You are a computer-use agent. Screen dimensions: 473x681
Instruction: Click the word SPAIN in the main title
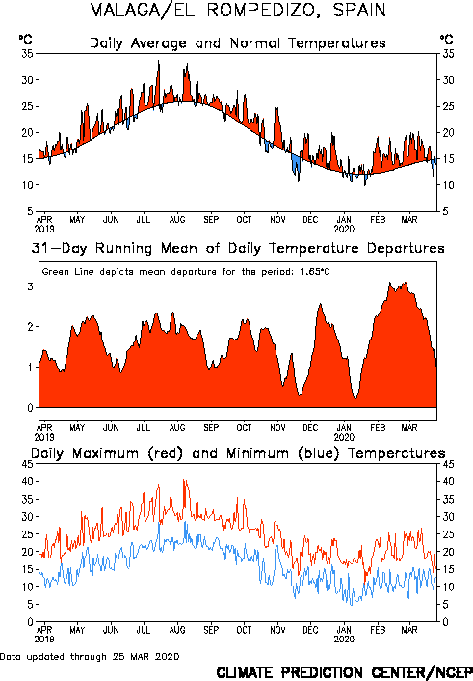point(359,10)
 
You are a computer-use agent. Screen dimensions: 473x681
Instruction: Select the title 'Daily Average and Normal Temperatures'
point(238,43)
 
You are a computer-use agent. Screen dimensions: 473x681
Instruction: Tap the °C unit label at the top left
point(26,40)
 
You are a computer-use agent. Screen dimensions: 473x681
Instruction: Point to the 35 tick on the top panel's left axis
point(27,54)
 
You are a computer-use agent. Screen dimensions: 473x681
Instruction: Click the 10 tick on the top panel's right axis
point(448,185)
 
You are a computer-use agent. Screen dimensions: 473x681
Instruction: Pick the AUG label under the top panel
point(177,220)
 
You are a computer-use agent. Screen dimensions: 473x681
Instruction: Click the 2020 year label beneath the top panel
point(344,229)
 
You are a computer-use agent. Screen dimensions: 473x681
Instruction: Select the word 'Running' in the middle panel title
point(123,248)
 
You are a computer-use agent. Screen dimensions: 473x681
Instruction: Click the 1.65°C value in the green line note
point(315,272)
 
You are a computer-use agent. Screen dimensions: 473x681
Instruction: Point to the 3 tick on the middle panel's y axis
point(31,286)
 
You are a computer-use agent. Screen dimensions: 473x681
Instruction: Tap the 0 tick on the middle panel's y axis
point(31,408)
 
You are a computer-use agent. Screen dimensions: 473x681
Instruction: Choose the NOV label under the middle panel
point(277,428)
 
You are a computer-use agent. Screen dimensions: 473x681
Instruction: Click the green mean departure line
point(238,340)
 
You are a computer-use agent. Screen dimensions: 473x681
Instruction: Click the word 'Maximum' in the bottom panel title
point(105,453)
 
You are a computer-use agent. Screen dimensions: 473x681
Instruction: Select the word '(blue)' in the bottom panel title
point(318,453)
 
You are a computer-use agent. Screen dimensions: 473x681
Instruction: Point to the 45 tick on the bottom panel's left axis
point(27,464)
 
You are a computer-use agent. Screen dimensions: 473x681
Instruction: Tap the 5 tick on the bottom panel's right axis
point(446,605)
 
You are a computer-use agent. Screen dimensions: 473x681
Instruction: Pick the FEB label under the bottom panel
point(378,630)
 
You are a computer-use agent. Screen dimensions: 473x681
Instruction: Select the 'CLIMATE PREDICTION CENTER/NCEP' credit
point(345,672)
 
